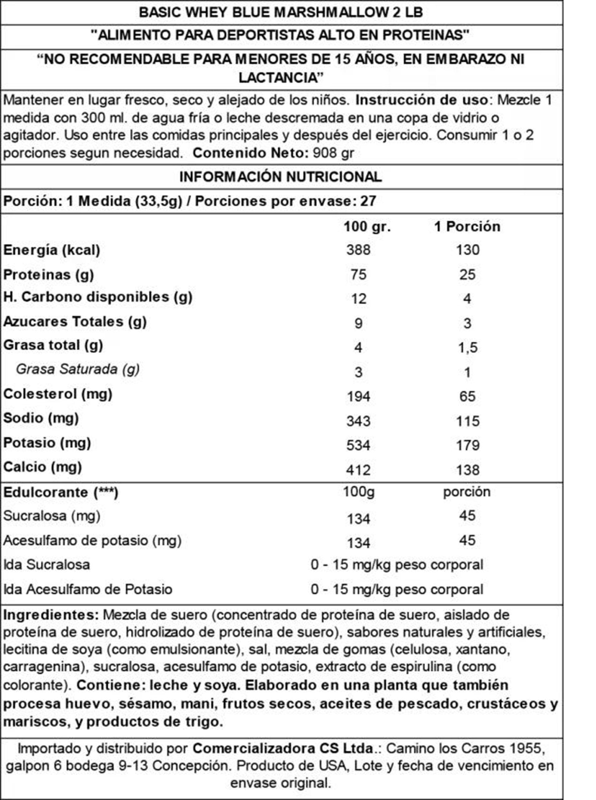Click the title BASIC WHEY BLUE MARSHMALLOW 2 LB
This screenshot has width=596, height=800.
point(281,12)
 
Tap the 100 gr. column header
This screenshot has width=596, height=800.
point(367,227)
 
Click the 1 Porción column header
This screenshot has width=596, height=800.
point(467,227)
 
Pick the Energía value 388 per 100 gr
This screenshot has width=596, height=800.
point(358,250)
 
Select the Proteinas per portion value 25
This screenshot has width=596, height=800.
point(467,275)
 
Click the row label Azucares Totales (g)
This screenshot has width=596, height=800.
point(75,322)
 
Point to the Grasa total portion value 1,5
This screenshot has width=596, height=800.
point(468,347)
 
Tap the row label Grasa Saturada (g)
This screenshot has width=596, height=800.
point(77,369)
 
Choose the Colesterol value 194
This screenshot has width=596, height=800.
point(358,397)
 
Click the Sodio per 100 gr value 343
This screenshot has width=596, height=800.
point(358,421)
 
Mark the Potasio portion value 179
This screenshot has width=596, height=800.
point(468,445)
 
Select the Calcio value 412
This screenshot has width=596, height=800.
point(358,470)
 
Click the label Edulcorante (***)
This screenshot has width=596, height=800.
point(61,492)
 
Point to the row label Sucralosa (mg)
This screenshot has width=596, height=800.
point(52,516)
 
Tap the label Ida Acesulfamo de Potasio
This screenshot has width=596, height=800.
point(88,590)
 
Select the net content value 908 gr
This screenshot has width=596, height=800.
point(333,153)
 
